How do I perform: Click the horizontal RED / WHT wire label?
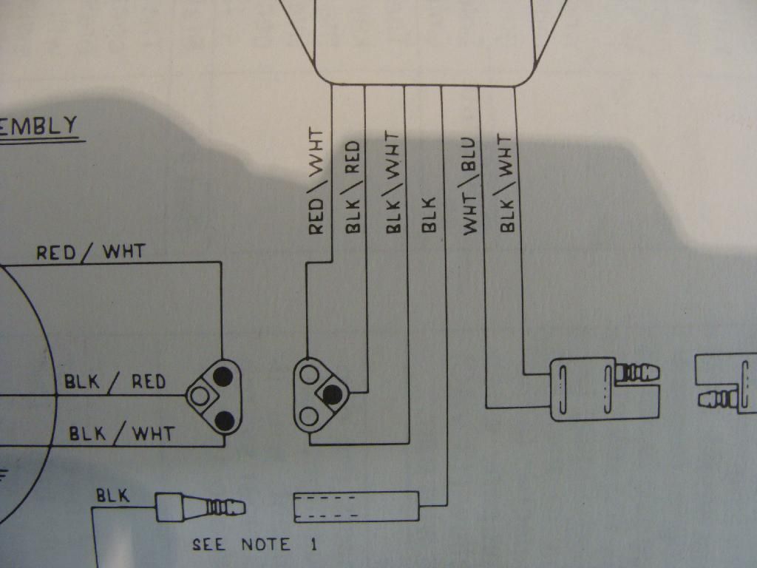[x=91, y=253]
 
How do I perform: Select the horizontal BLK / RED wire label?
[x=115, y=382]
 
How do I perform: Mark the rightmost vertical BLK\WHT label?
[x=506, y=183]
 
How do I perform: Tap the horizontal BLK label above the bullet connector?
[x=113, y=496]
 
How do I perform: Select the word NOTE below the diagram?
[x=265, y=546]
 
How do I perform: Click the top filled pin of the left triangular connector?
[x=220, y=375]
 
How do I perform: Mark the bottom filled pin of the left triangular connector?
[x=221, y=420]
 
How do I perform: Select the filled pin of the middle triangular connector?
[x=332, y=395]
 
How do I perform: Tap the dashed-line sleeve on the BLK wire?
[x=357, y=507]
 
